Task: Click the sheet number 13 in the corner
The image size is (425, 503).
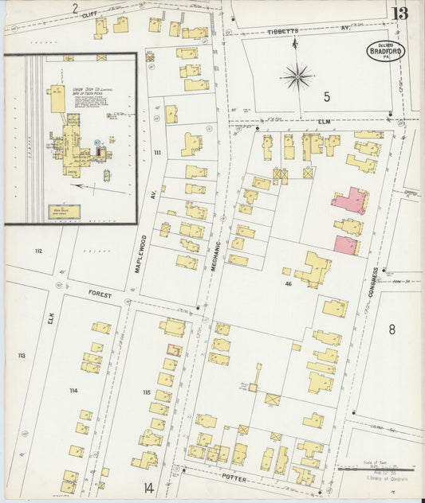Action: pos(399,12)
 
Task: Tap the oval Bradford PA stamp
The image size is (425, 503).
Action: pos(386,50)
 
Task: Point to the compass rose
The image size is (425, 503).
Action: pos(297,76)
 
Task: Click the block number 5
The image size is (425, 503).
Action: pos(326,96)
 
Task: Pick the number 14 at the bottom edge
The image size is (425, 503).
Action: pos(148,487)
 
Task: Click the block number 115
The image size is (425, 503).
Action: pos(146,392)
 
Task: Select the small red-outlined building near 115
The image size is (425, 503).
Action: pos(174,349)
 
